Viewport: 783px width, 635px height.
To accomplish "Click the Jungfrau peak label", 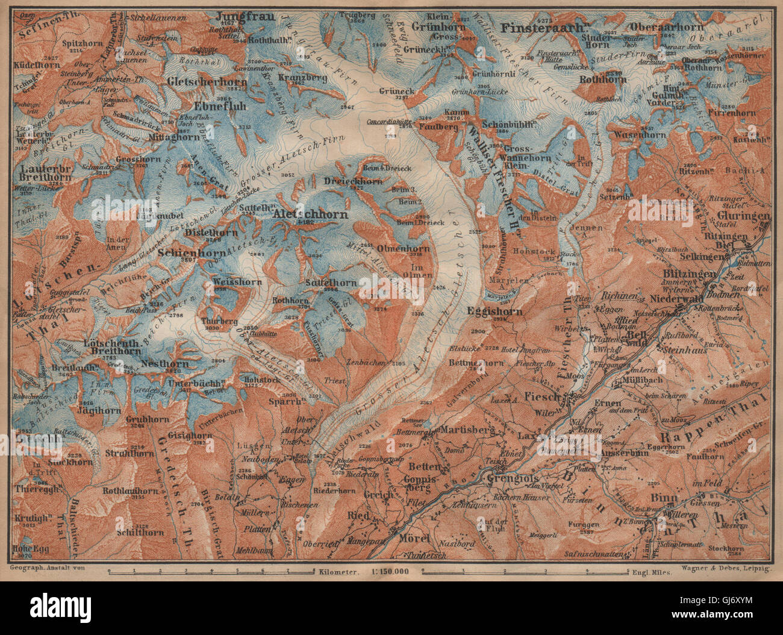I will [x=235, y=16].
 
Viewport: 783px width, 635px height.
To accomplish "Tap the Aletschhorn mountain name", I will [x=310, y=214].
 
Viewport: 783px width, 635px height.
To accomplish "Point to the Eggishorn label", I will [x=494, y=311].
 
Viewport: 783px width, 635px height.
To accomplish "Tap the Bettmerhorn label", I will [x=476, y=363].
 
